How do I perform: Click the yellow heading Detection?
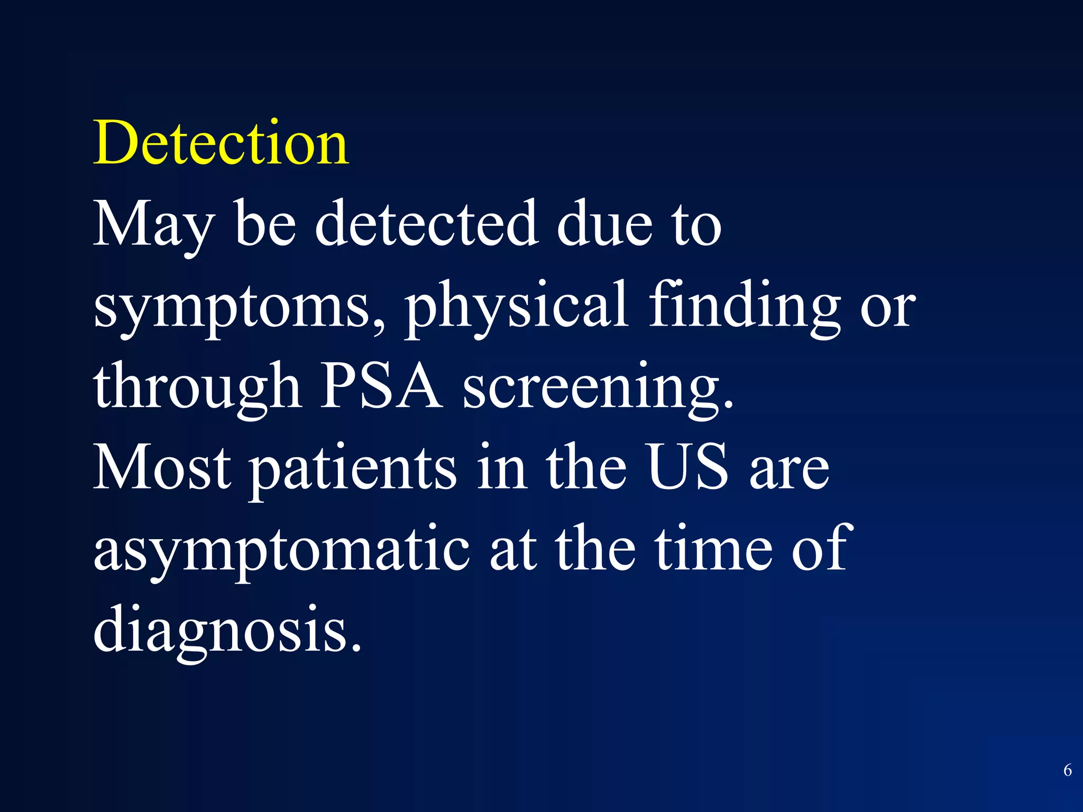[221, 143]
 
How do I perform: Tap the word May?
[154, 225]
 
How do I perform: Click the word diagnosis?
[227, 632]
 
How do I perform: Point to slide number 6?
[1067, 770]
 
